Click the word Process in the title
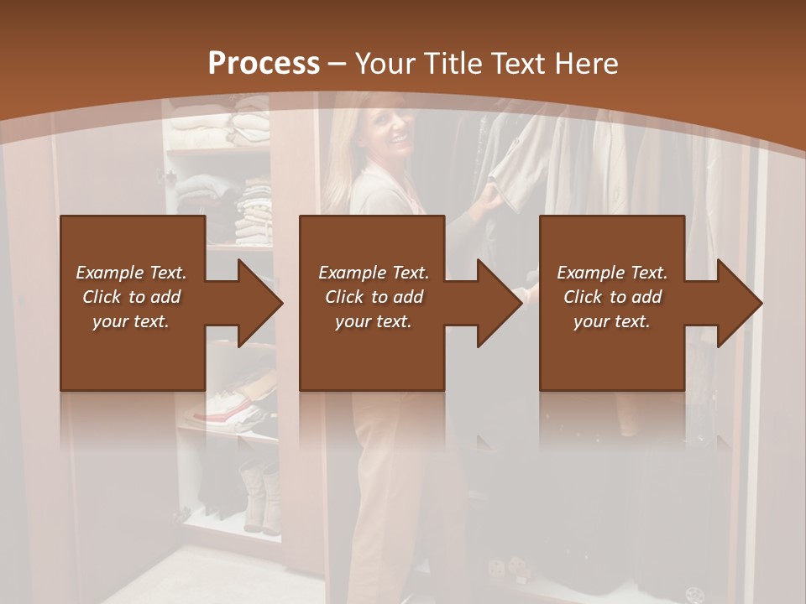[264, 64]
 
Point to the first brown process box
[133, 361]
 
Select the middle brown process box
[372, 361]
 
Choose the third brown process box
[611, 361]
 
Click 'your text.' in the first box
[131, 321]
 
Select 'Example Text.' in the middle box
[374, 273]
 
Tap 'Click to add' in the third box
[612, 297]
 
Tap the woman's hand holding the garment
[488, 198]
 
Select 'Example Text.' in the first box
[131, 273]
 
